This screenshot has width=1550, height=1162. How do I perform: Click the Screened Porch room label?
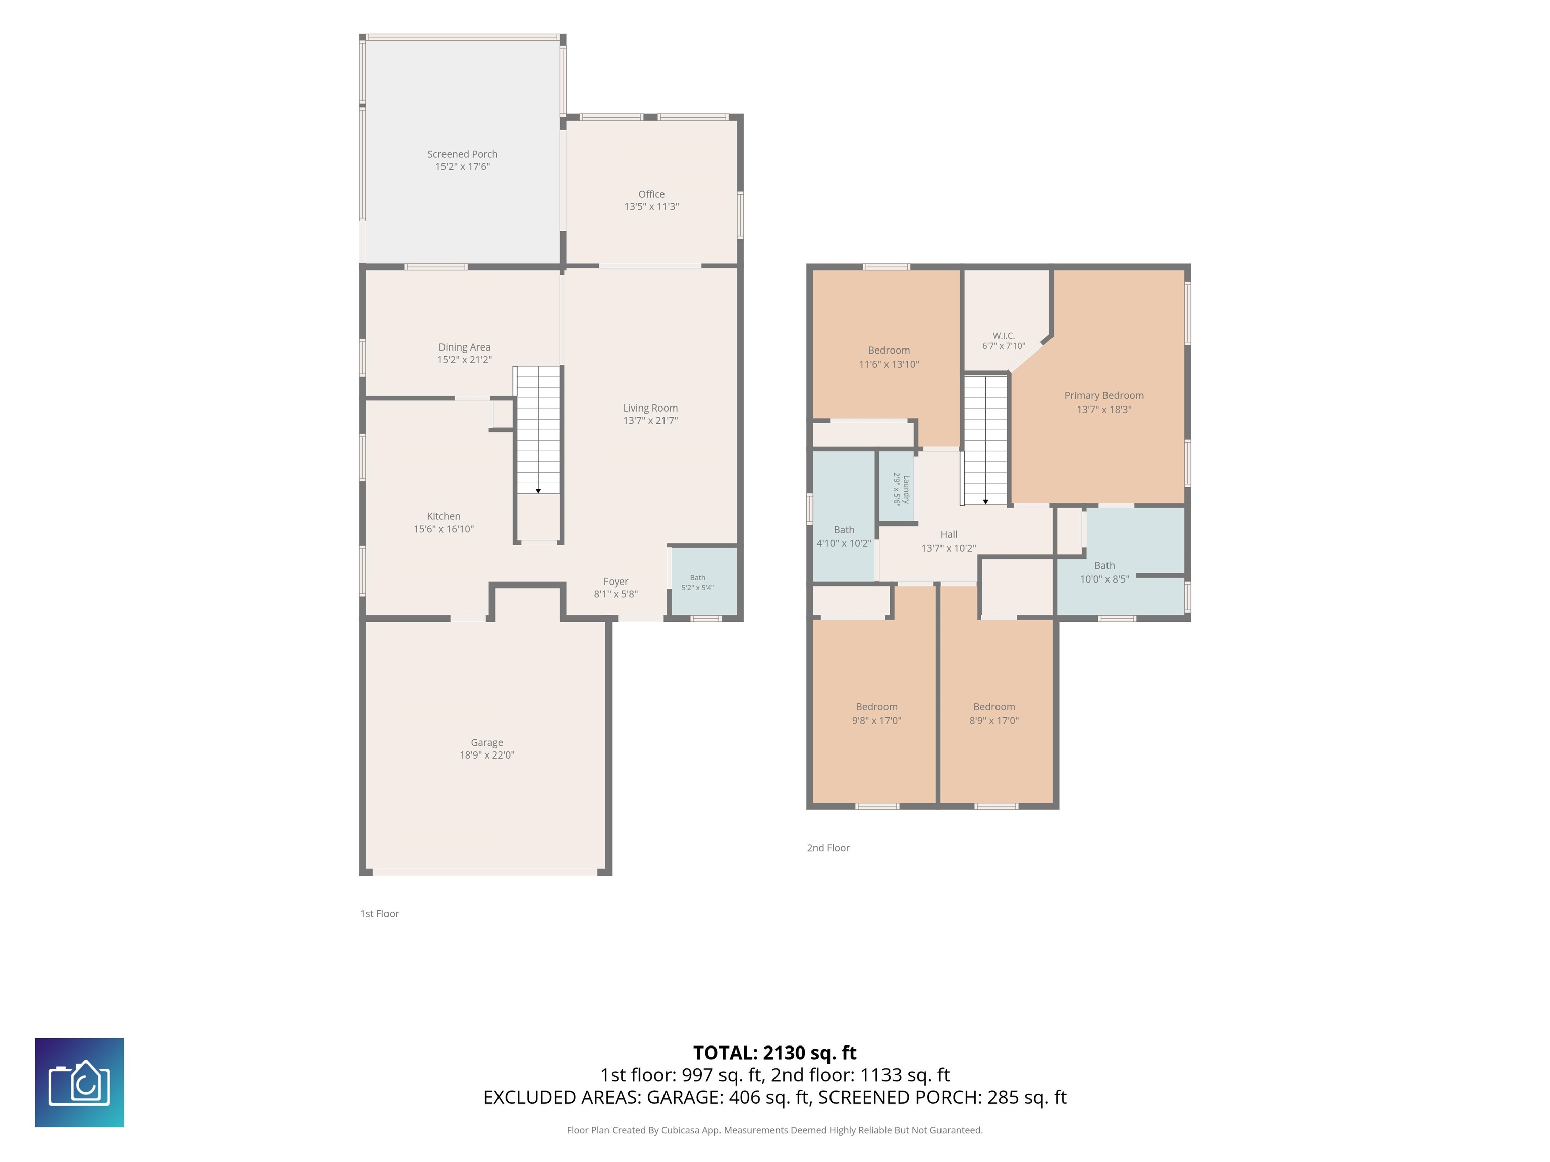(x=463, y=154)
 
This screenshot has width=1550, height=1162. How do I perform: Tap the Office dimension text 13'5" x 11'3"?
(x=652, y=207)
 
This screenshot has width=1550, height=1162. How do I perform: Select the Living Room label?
(x=650, y=408)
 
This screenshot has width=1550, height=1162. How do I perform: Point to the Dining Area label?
(x=465, y=346)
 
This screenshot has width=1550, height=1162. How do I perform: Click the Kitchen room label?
(x=444, y=516)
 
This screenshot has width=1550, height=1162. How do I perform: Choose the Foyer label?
(x=616, y=582)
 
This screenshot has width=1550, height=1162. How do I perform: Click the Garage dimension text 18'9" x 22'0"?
(x=487, y=755)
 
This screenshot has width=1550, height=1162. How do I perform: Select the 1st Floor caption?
(x=379, y=913)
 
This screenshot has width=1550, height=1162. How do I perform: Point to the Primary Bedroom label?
(x=1103, y=396)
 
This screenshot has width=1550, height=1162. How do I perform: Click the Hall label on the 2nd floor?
(x=949, y=534)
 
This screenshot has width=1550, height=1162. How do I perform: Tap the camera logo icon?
(x=79, y=1083)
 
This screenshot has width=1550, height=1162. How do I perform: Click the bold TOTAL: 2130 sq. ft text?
(x=775, y=1053)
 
